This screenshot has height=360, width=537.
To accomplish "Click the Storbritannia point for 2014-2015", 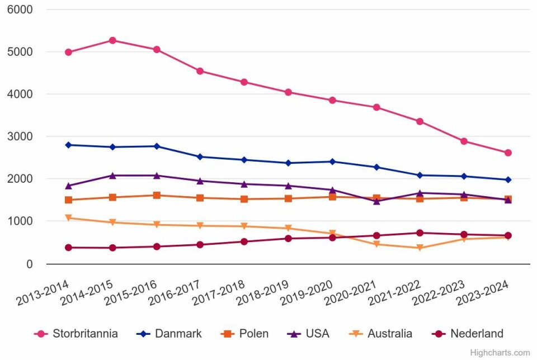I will (x=112, y=40).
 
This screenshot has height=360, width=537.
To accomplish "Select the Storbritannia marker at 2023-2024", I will (x=508, y=153).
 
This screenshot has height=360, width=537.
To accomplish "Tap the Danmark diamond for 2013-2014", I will (x=68, y=145).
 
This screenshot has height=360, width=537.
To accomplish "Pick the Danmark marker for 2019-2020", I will (x=332, y=162).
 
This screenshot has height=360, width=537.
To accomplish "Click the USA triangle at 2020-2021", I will (x=376, y=201).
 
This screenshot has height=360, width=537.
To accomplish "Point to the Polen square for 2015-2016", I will (x=157, y=195).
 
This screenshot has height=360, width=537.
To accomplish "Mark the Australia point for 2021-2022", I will (x=420, y=248).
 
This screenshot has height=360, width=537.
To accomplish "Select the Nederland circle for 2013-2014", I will (x=68, y=248).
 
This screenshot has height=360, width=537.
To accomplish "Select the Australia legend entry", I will (x=389, y=334).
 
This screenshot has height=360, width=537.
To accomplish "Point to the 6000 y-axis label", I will (x=21, y=10).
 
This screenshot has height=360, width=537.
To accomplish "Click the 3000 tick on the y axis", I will (x=21, y=137).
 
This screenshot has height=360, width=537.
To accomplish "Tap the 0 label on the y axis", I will (x=29, y=264).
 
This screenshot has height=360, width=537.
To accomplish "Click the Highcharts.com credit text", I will (x=500, y=353).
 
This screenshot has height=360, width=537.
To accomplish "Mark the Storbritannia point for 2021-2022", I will (x=420, y=121).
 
